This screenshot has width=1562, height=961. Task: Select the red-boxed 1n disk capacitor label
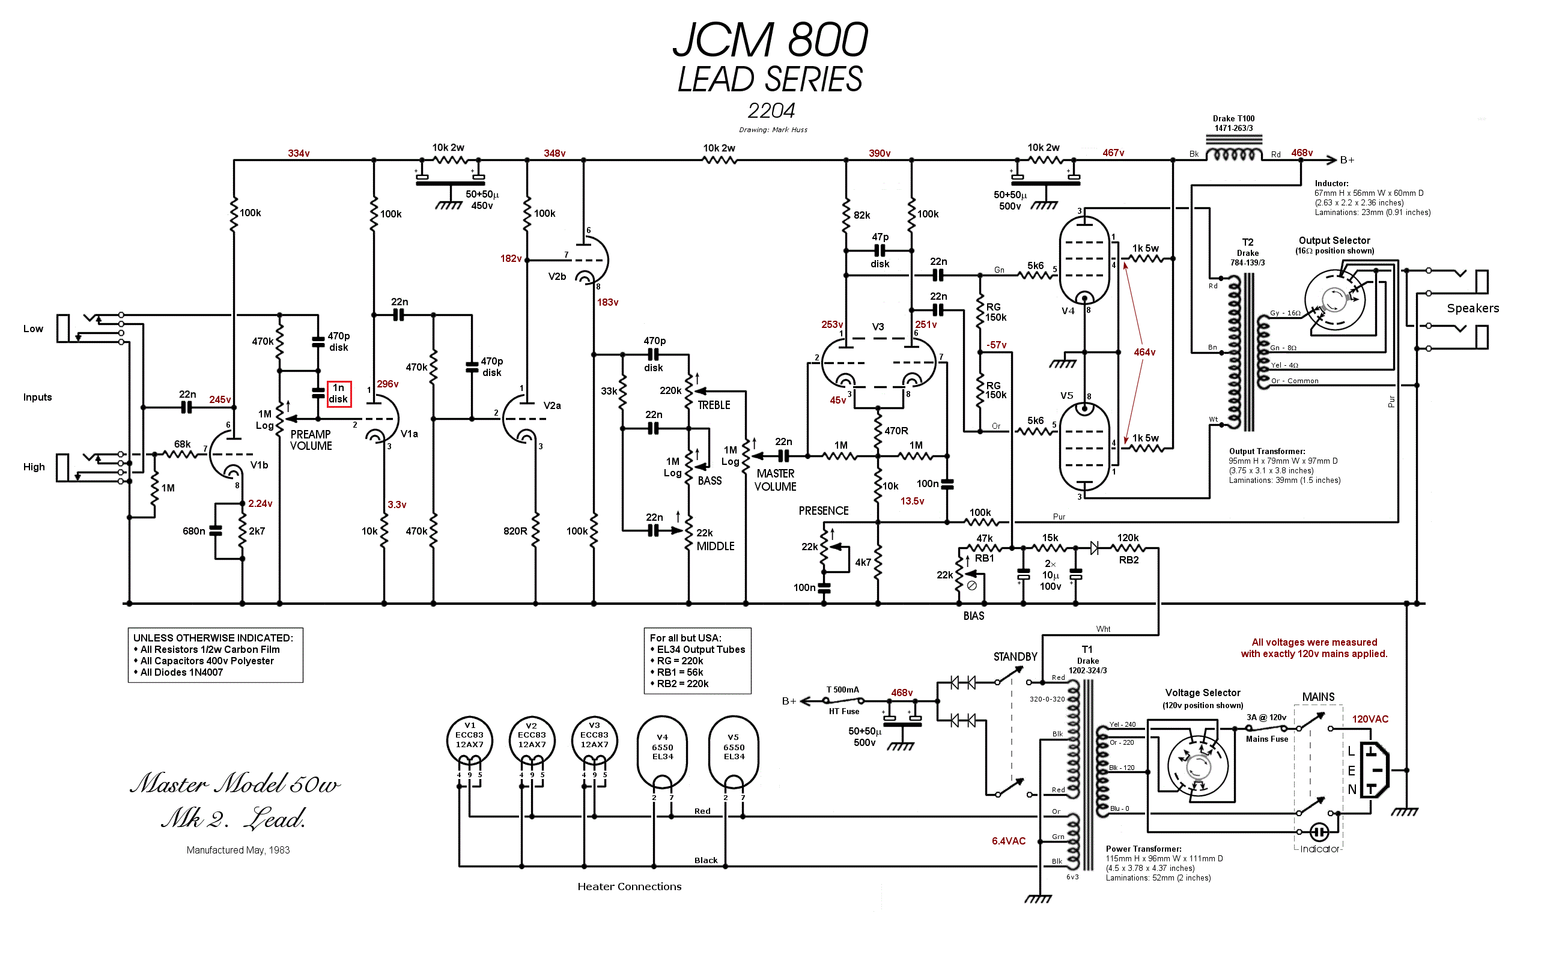click(x=338, y=394)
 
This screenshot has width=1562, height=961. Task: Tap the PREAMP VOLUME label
click(x=311, y=440)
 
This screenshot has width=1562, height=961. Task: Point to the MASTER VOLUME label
click(x=775, y=480)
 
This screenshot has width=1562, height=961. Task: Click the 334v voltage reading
click(x=298, y=154)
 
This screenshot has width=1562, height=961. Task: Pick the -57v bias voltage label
click(x=996, y=345)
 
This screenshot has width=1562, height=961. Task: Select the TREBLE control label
click(x=713, y=405)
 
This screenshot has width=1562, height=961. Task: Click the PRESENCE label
click(x=823, y=511)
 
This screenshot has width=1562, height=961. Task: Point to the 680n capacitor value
click(x=193, y=532)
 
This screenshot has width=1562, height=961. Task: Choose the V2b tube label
click(x=557, y=277)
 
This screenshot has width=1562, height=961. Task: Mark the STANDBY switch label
click(x=1015, y=657)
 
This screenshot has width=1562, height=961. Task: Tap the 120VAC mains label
click(x=1370, y=720)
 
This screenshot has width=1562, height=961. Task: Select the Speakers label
click(x=1472, y=309)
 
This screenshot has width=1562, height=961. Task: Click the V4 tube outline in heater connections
click(x=662, y=751)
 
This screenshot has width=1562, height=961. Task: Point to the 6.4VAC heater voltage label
click(x=1008, y=841)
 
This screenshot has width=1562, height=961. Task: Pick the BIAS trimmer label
click(x=973, y=616)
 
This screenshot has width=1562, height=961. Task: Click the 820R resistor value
click(x=515, y=532)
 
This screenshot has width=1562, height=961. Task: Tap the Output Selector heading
click(x=1334, y=241)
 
